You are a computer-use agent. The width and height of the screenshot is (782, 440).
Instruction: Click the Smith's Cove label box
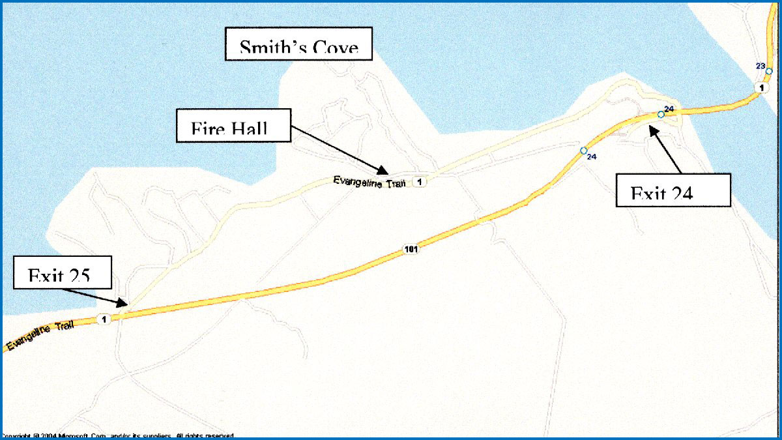coord(298,44)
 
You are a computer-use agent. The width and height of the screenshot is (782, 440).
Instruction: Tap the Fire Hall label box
coord(232,125)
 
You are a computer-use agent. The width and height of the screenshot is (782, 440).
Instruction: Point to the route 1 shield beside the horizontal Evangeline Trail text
coord(420,182)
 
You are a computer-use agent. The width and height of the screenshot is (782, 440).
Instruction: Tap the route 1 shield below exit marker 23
coord(760,87)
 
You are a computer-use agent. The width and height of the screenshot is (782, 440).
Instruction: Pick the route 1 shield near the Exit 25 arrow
coord(102,319)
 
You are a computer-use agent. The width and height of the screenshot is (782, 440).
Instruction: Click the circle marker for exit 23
coord(769,71)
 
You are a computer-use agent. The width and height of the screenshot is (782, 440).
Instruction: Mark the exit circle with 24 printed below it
coord(584,151)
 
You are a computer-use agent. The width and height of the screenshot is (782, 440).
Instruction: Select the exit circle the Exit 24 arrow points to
coord(661,115)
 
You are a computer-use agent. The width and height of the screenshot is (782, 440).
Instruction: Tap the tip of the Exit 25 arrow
coord(124,304)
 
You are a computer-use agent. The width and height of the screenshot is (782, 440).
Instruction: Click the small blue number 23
coord(760,65)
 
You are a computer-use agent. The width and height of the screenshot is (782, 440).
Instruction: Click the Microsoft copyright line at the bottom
coord(117,435)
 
